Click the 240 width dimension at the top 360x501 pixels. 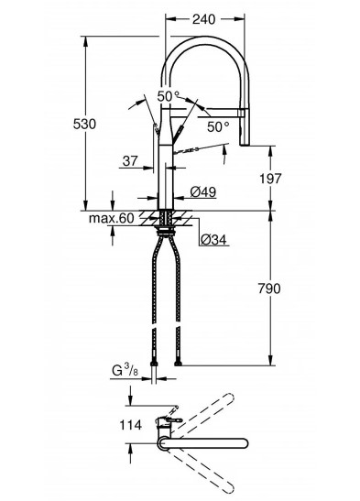[203, 19]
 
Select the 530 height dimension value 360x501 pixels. [84, 124]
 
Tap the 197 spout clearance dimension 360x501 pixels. [270, 179]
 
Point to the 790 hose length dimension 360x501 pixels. [269, 289]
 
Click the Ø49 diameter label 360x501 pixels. [203, 192]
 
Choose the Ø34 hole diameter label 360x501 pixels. [213, 239]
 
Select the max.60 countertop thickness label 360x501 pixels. [112, 218]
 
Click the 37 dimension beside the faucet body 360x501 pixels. [130, 161]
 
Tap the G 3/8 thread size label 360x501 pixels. [125, 371]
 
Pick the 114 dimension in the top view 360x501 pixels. [131, 425]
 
